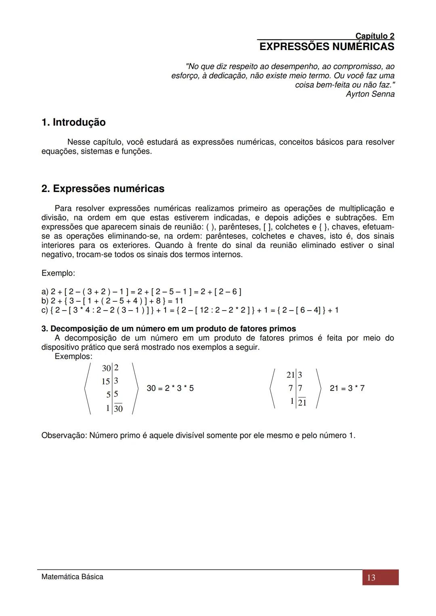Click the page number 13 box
pyautogui.click(x=380, y=577)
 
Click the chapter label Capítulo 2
pyautogui.click(x=375, y=36)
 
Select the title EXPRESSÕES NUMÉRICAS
pyautogui.click(x=327, y=47)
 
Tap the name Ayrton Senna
pyautogui.click(x=370, y=94)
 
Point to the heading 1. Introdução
pyautogui.click(x=73, y=122)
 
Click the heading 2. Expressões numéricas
pyautogui.click(x=103, y=188)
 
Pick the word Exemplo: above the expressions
pyautogui.click(x=58, y=273)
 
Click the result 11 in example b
pyautogui.click(x=179, y=301)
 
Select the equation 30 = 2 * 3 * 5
pyautogui.click(x=170, y=388)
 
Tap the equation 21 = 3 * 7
pyautogui.click(x=347, y=388)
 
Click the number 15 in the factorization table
pyautogui.click(x=106, y=381)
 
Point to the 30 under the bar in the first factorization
pyautogui.click(x=118, y=409)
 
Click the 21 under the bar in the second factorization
pyautogui.click(x=302, y=403)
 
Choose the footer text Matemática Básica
pyautogui.click(x=72, y=577)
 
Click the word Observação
pyautogui.click(x=64, y=436)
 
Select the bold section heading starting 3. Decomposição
pyautogui.click(x=169, y=329)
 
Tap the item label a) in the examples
pyautogui.click(x=45, y=292)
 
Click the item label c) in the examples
pyautogui.click(x=45, y=310)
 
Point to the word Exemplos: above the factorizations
pyautogui.click(x=73, y=357)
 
